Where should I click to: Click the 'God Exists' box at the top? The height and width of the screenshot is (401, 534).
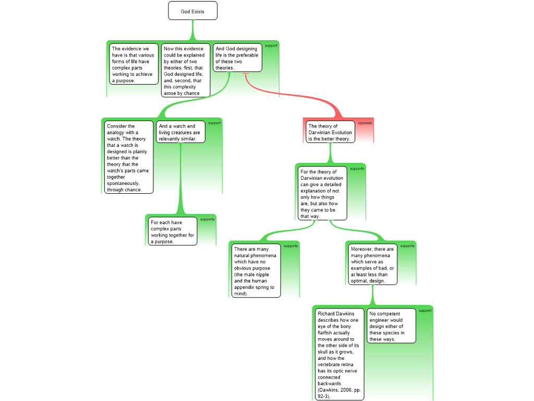pyautogui.click(x=193, y=10)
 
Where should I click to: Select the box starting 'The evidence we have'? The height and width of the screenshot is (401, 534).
pyautogui.click(x=132, y=64)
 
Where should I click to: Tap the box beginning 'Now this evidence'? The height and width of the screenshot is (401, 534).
pyautogui.click(x=185, y=70)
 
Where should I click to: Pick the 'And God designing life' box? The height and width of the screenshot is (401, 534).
pyautogui.click(x=237, y=57)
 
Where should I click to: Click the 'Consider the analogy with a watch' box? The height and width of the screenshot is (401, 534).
pyautogui.click(x=128, y=157)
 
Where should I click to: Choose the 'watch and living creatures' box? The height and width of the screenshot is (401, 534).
pyautogui.click(x=180, y=132)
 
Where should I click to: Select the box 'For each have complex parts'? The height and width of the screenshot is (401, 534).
pyautogui.click(x=173, y=231)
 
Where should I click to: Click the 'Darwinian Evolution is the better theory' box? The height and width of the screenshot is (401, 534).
pyautogui.click(x=330, y=132)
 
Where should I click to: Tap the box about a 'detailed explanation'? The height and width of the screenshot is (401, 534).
pyautogui.click(x=322, y=193)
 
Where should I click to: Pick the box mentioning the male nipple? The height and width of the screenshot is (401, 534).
pyautogui.click(x=256, y=271)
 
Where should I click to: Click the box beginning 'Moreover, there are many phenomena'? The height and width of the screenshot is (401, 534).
pyautogui.click(x=372, y=264)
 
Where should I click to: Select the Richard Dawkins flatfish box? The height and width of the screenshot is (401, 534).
pyautogui.click(x=339, y=355)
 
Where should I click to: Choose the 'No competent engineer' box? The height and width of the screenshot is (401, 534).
pyautogui.click(x=391, y=326)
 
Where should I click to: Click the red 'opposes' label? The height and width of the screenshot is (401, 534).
pyautogui.click(x=365, y=123)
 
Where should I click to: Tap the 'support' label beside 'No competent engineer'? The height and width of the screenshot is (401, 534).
pyautogui.click(x=425, y=311)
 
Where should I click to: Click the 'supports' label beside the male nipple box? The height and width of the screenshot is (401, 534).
pyautogui.click(x=291, y=246)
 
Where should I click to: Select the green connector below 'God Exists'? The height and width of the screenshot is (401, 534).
pyautogui.click(x=193, y=30)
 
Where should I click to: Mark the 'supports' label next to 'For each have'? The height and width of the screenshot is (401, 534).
pyautogui.click(x=208, y=219)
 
